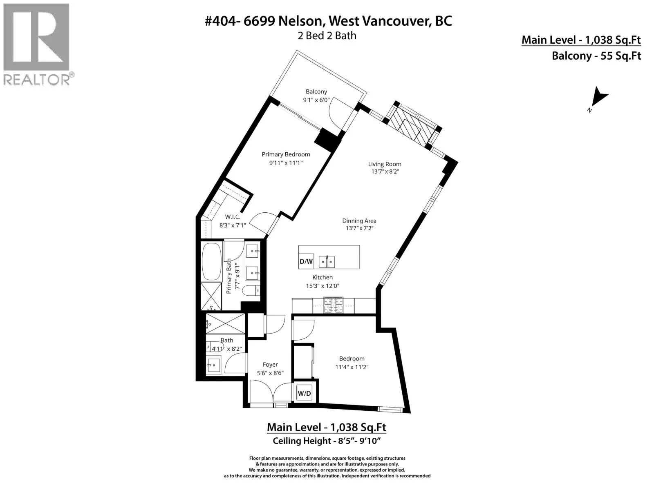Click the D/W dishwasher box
[306, 261]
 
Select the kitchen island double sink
[327, 261]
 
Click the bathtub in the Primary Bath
[212, 262]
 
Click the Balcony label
[316, 91]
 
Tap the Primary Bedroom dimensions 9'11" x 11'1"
[286, 163]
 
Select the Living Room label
[384, 164]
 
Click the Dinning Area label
[359, 221]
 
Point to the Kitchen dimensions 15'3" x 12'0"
[323, 286]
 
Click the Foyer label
[270, 365]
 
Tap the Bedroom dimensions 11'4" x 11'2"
[352, 367]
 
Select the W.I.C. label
[233, 217]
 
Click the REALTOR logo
[38, 45]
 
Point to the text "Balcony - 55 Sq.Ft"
[596, 56]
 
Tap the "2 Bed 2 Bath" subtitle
[327, 36]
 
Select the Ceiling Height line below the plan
[327, 441]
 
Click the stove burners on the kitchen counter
[334, 305]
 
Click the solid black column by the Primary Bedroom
[327, 140]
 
